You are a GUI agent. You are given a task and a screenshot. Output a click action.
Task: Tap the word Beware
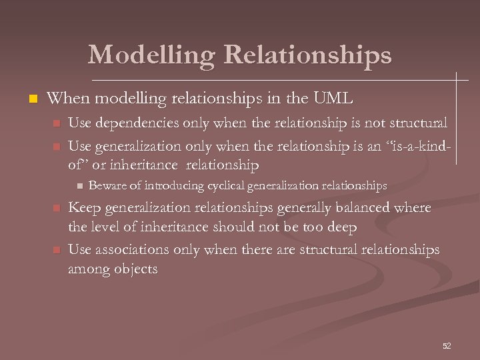click(x=104, y=185)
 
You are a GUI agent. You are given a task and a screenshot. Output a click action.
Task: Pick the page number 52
click(x=447, y=345)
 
